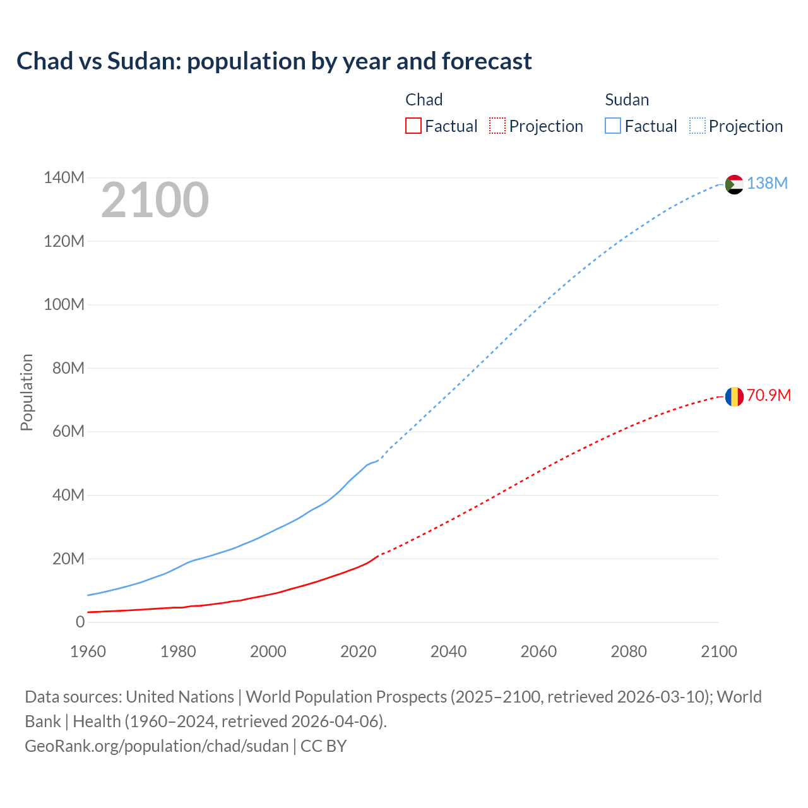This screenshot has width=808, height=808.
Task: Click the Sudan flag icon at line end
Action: point(734,184)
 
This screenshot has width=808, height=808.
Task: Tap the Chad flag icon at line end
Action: point(734,396)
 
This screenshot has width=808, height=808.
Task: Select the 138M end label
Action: point(767,183)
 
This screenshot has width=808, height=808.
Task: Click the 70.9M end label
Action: point(768,395)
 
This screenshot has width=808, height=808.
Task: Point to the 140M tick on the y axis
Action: point(64,178)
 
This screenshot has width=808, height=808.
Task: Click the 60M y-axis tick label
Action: point(68,432)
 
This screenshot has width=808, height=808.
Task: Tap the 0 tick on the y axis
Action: point(80,622)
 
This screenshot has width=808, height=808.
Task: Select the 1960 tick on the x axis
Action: point(88,651)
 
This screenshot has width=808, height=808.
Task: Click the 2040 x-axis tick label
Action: point(448,651)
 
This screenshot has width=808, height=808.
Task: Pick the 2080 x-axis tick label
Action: point(629,651)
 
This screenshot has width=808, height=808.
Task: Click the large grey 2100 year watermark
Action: point(155,200)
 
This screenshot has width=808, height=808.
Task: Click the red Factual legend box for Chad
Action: point(413,126)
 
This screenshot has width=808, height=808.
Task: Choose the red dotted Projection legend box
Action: point(497,126)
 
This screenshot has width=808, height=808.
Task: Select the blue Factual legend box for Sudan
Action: point(612,126)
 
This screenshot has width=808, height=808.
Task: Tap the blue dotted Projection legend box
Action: point(698,126)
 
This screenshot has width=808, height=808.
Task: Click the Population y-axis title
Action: point(27,392)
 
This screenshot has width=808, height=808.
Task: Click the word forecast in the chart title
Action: point(487,61)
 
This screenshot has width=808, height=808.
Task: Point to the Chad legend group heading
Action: point(424,100)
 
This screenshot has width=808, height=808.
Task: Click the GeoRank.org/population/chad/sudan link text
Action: point(157,746)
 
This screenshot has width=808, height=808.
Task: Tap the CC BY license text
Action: point(324,746)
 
